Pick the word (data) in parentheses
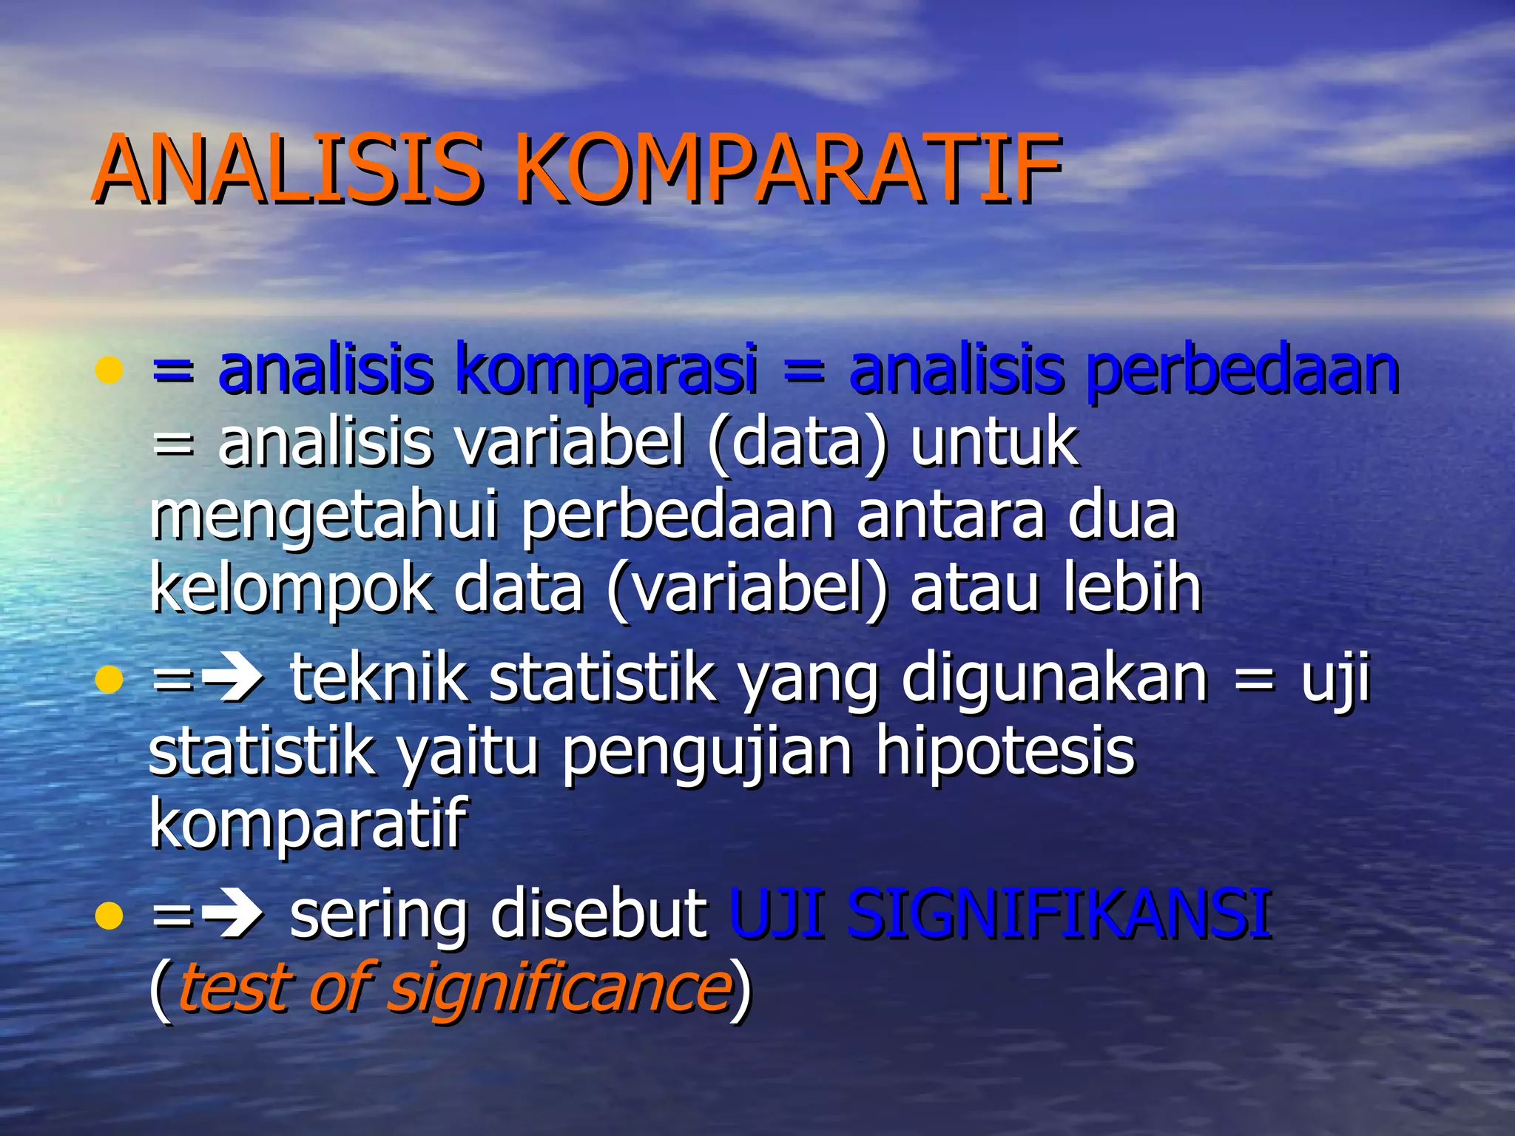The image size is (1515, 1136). tap(797, 442)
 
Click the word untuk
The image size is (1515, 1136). tap(994, 442)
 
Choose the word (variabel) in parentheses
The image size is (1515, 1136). tap(747, 589)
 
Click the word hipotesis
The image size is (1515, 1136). tap(1005, 751)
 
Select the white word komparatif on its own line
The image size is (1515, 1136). tap(308, 825)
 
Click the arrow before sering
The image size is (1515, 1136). tap(233, 916)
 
